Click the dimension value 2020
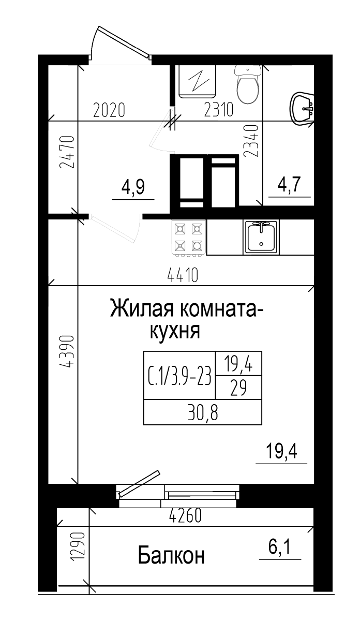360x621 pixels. tap(109, 110)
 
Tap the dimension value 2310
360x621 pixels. tap(219, 110)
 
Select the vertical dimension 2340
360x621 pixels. tap(251, 140)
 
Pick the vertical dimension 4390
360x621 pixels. tap(67, 352)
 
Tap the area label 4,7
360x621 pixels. tap(290, 185)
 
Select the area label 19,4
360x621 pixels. tap(281, 452)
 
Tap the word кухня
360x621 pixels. tap(175, 331)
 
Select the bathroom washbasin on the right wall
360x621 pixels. tap(303, 109)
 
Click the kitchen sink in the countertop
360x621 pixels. tap(261, 237)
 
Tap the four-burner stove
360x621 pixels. tap(189, 238)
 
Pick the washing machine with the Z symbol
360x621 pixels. tap(197, 81)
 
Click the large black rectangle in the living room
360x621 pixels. tap(202, 388)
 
